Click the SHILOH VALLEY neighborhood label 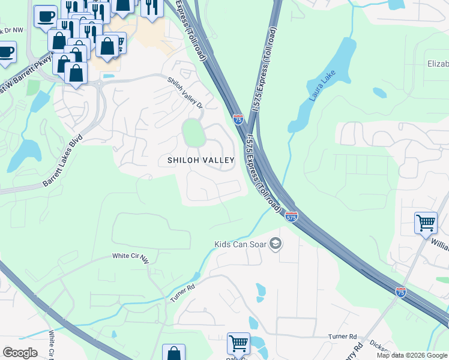pyautogui.click(x=200, y=160)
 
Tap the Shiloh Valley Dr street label pyautogui.click(x=185, y=92)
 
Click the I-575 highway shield pyautogui.click(x=291, y=217)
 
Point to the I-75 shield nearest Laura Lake pyautogui.click(x=238, y=120)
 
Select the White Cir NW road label pyautogui.click(x=130, y=257)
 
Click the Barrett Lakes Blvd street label pyautogui.click(x=62, y=163)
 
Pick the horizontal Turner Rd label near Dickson pyautogui.click(x=342, y=337)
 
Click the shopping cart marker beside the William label pyautogui.click(x=426, y=223)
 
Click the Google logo pyautogui.click(x=20, y=353)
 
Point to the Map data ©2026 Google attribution pyautogui.click(x=412, y=355)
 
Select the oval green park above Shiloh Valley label pyautogui.click(x=193, y=133)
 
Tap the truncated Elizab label pyautogui.click(x=437, y=64)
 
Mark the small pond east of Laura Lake pyautogui.click(x=379, y=93)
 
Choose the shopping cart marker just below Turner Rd pyautogui.click(x=238, y=344)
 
